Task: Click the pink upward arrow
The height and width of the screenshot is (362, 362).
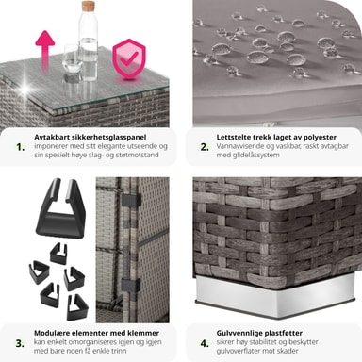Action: [x=45, y=51]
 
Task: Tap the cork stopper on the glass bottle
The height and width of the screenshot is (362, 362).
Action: [x=89, y=7]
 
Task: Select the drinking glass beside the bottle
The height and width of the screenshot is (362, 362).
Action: [x=72, y=60]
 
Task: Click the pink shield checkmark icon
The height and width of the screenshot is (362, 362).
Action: [x=129, y=58]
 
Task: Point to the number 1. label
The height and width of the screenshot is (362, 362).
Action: [x=21, y=147]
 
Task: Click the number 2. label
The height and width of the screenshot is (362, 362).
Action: [x=205, y=147]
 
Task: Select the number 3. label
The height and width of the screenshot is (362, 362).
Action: [x=20, y=343]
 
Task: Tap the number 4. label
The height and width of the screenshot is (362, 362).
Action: [x=205, y=343]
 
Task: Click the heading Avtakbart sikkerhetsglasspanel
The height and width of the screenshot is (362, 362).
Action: [x=90, y=138]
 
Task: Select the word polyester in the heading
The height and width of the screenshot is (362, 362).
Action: [x=317, y=138]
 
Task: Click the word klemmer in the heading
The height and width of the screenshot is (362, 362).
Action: [x=143, y=333]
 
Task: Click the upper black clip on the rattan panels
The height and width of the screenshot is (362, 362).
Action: [x=131, y=201]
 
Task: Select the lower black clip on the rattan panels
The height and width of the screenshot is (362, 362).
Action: [x=131, y=285]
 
